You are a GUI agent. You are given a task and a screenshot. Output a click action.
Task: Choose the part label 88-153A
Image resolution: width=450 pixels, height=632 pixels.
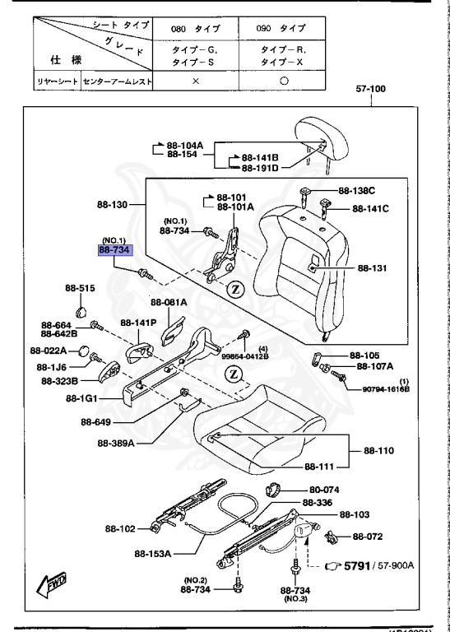click(x=153, y=554)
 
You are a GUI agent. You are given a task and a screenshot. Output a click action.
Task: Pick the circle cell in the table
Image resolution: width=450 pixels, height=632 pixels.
click(x=283, y=81)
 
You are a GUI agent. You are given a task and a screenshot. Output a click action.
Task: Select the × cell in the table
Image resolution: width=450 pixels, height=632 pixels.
click(x=195, y=81)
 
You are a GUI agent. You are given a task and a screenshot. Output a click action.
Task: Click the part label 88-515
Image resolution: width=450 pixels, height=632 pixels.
click(x=81, y=288)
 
